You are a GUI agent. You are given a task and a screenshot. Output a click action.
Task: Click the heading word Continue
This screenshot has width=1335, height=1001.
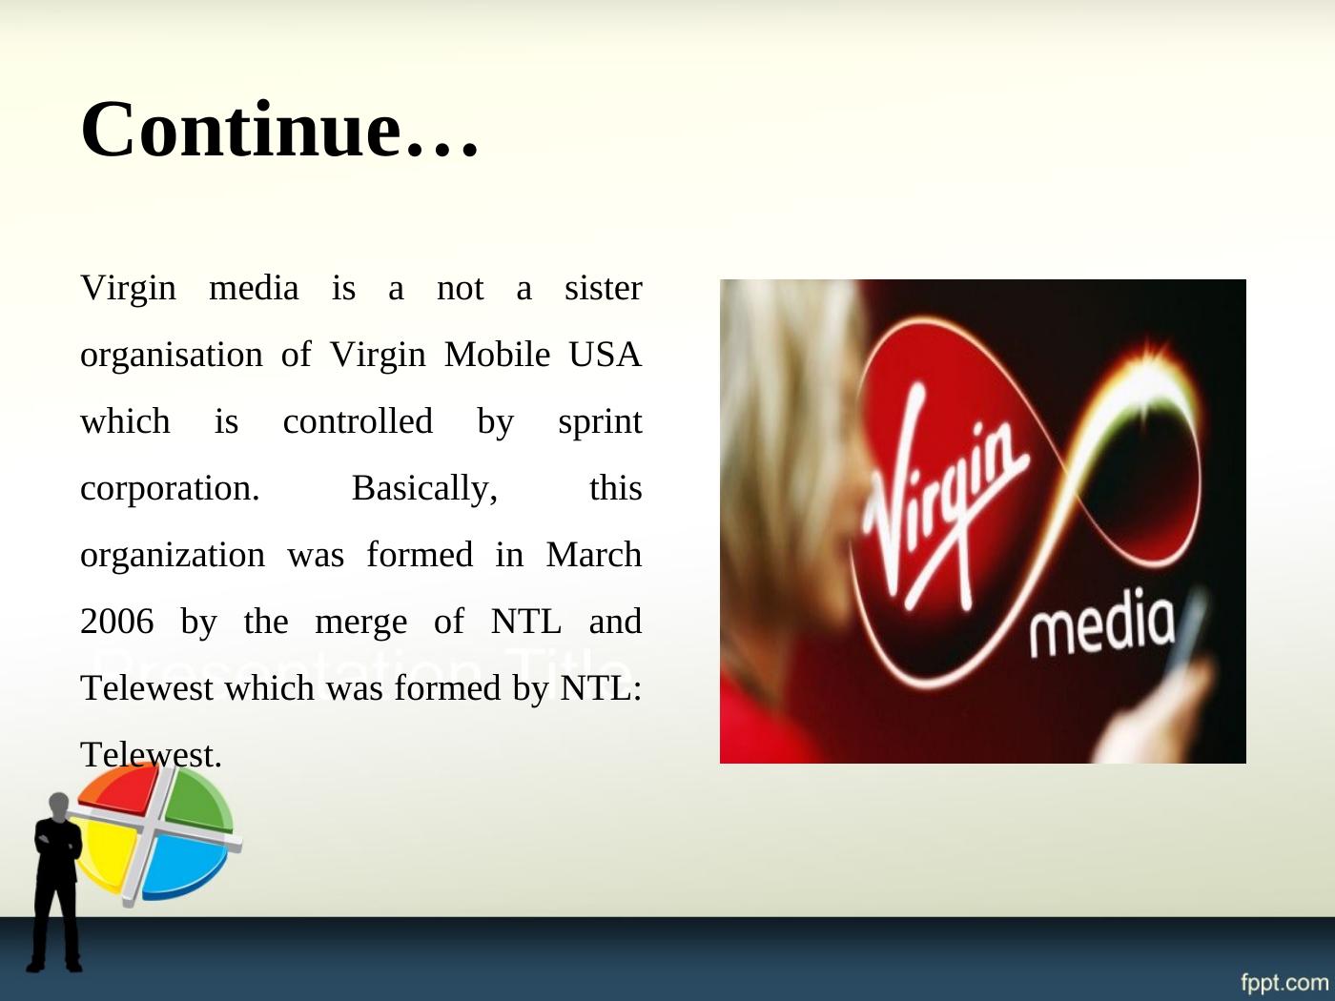(279, 129)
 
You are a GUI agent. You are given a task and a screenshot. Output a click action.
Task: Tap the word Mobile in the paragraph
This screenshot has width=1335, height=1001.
(497, 355)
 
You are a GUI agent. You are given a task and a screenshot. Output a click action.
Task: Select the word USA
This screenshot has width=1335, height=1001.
(606, 355)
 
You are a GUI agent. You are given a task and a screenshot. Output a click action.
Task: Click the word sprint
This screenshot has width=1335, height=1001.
(601, 422)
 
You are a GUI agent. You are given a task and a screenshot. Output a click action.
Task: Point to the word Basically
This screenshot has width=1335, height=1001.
(424, 489)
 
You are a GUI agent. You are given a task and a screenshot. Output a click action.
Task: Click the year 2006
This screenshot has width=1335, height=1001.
(116, 622)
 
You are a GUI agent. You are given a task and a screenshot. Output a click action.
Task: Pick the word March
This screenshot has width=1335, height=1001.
(594, 555)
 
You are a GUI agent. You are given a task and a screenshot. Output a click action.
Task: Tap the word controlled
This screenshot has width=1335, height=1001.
(358, 421)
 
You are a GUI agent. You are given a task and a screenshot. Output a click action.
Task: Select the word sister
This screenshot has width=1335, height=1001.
(604, 288)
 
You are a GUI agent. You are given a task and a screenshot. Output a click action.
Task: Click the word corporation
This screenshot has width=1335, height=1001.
(170, 489)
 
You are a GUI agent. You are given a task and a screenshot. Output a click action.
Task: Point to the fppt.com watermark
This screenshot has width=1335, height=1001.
(1284, 982)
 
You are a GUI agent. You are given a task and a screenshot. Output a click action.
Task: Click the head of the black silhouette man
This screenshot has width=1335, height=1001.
(58, 807)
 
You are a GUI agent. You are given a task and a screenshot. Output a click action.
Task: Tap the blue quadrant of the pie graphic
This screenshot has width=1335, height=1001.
(186, 866)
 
